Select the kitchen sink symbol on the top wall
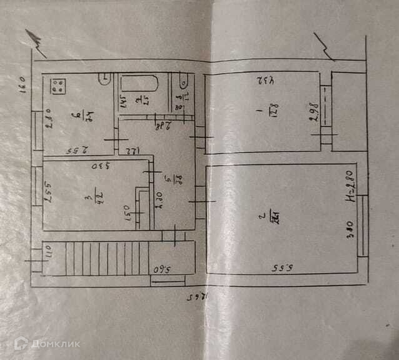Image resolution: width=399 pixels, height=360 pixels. (105, 79)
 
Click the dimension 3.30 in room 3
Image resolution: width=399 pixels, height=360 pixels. (97, 167)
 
